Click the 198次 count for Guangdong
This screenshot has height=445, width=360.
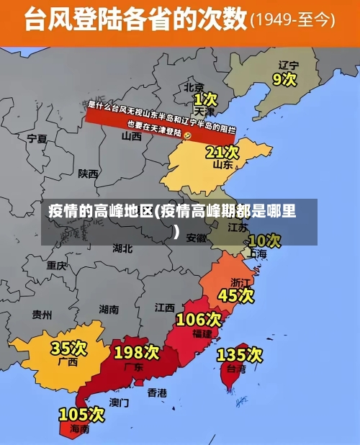click(x=136, y=352)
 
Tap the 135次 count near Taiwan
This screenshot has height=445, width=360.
click(x=239, y=354)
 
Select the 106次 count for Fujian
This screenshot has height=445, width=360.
click(x=199, y=319)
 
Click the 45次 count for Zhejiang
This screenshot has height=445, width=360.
click(x=235, y=295)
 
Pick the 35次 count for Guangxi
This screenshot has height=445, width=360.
click(x=68, y=349)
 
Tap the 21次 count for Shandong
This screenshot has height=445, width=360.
click(x=222, y=152)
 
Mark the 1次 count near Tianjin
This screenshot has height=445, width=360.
click(x=204, y=98)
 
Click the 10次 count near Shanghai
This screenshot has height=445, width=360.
click(x=264, y=240)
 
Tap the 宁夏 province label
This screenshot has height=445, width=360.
click(x=37, y=138)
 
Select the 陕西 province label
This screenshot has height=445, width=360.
click(x=89, y=174)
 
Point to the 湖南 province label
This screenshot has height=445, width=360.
click(x=109, y=309)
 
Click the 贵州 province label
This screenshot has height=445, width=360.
click(x=42, y=315)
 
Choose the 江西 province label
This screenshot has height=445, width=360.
click(x=164, y=307)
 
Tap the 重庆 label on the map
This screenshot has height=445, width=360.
click(x=56, y=266)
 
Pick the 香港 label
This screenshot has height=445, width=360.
click(x=157, y=393)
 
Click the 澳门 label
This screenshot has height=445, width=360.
click(x=120, y=402)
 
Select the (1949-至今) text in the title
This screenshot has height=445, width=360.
click(x=292, y=21)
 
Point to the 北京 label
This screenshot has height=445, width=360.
click(x=194, y=86)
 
